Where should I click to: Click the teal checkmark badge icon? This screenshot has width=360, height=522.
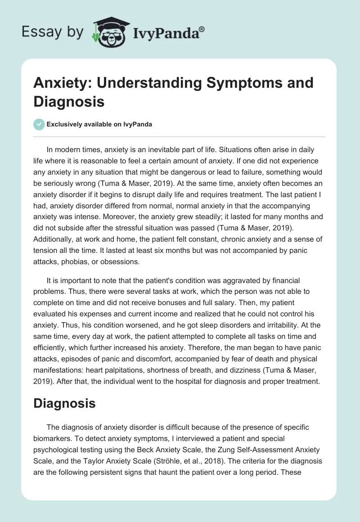[39, 124]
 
